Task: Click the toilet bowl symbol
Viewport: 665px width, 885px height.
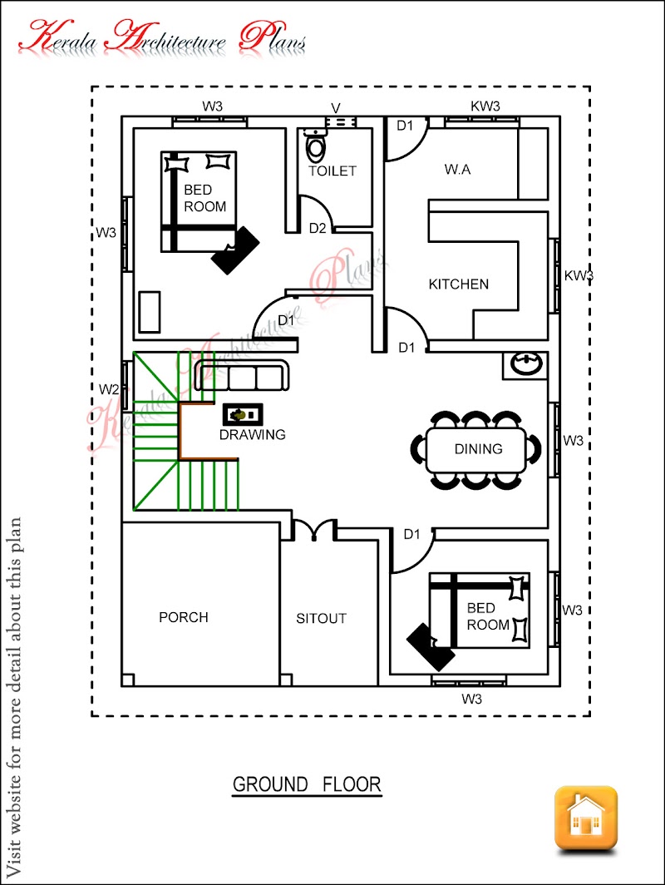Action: [x=315, y=145]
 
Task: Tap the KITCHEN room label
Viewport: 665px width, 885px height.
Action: [x=459, y=284]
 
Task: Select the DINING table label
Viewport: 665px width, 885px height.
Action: [x=478, y=448]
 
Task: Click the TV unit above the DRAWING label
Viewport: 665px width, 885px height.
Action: [x=243, y=414]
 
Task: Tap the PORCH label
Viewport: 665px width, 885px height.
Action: [x=184, y=617]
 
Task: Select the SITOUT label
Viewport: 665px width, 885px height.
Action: [x=321, y=619]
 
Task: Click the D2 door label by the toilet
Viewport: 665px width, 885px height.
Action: [x=318, y=228]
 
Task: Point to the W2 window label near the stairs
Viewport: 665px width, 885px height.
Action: [x=109, y=389]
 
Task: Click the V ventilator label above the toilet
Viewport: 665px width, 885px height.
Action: [x=336, y=108]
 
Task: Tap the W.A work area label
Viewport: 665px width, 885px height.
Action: [x=457, y=170]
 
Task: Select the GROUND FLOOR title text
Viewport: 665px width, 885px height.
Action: [x=307, y=784]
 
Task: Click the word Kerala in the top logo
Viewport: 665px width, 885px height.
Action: [x=58, y=37]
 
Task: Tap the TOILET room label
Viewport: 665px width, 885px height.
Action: [x=332, y=171]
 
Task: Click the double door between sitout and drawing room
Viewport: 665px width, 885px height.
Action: [x=314, y=531]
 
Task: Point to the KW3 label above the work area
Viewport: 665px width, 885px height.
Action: [x=485, y=106]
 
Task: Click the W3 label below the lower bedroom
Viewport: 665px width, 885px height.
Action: [x=471, y=700]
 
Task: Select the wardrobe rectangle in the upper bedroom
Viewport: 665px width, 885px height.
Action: [x=150, y=312]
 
